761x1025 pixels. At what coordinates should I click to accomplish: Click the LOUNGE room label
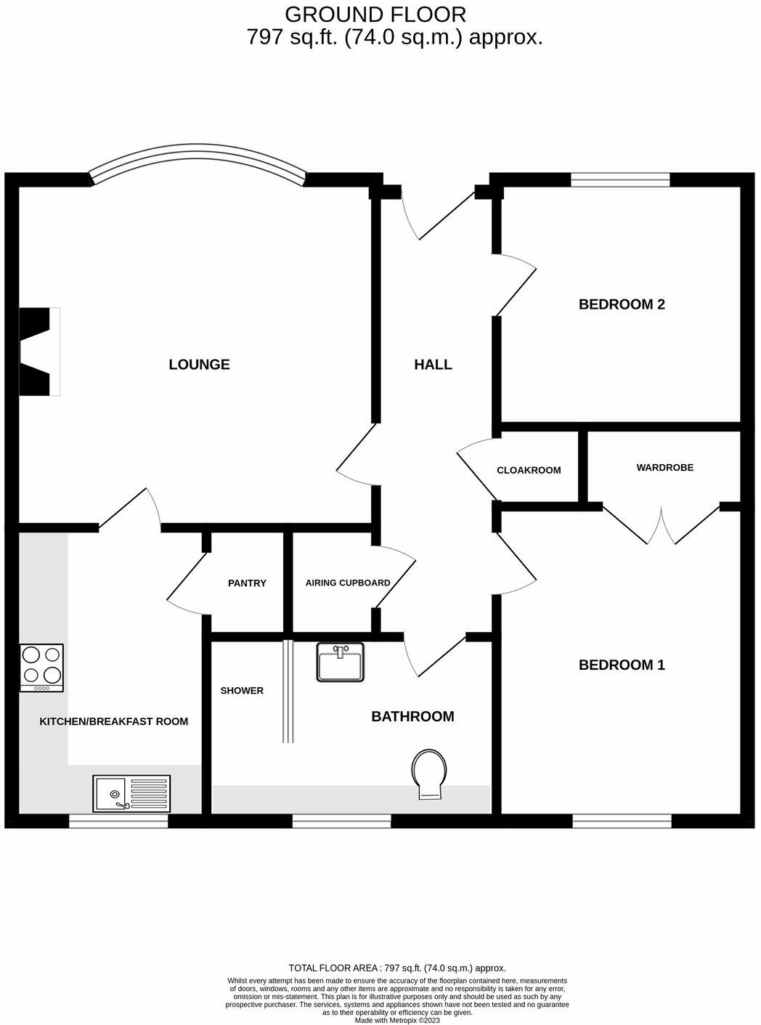click(x=199, y=365)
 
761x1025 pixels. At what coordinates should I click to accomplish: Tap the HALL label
click(x=433, y=365)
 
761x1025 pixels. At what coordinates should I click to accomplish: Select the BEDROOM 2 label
click(x=622, y=304)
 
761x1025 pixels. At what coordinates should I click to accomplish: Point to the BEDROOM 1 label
click(x=622, y=665)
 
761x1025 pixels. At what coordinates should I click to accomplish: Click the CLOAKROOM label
click(x=529, y=470)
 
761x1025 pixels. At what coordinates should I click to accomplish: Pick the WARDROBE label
click(x=664, y=467)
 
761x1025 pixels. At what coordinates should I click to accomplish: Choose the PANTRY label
click(x=247, y=583)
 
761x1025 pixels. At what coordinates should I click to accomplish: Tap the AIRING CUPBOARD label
click(x=348, y=583)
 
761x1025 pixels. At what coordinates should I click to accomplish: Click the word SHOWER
click(x=242, y=690)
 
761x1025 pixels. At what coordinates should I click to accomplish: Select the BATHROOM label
click(x=412, y=716)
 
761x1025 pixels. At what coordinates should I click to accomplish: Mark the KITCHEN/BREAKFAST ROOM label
click(x=113, y=721)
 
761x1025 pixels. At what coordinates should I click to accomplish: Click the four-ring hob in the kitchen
click(x=42, y=668)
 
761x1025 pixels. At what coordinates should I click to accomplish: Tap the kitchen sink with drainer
click(x=131, y=793)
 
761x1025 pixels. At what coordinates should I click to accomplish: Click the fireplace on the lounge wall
click(x=38, y=352)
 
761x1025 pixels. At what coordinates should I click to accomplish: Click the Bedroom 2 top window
click(x=620, y=179)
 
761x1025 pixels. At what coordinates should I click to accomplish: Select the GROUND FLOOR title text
click(x=375, y=14)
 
